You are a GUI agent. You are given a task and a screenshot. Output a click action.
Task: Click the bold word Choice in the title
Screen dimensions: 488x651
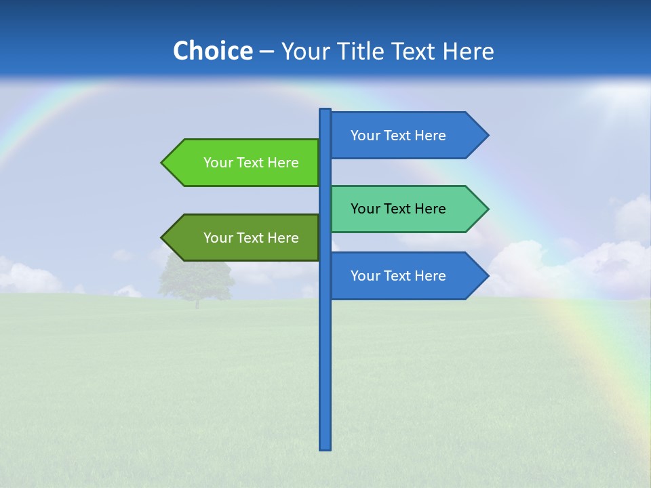click(212, 51)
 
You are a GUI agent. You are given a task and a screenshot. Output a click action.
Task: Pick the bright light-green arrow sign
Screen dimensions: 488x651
click(244, 163)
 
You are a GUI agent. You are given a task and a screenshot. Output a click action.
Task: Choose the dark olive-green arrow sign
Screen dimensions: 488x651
click(244, 238)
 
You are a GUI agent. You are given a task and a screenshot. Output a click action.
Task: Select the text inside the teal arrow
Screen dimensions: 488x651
click(398, 209)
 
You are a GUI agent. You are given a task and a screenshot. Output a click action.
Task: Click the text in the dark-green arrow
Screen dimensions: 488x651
click(251, 238)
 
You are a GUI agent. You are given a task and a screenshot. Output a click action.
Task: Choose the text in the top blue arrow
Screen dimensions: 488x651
click(398, 136)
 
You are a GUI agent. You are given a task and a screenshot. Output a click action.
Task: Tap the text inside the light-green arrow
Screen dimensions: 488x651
click(251, 163)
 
